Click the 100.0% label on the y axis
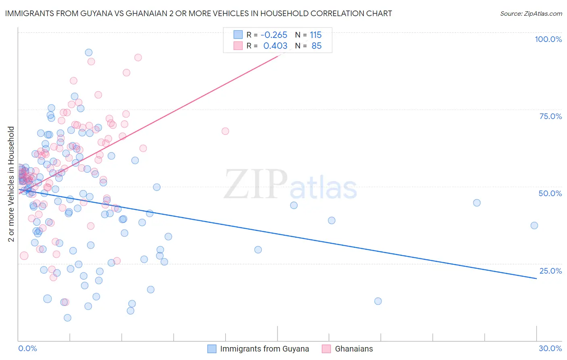point(548,39)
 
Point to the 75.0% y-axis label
point(550,116)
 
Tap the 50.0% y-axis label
point(550,193)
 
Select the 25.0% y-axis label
point(550,270)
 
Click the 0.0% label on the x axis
point(27,348)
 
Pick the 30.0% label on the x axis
point(550,348)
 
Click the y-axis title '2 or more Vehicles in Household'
point(11,184)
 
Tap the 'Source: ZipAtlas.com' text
point(531,14)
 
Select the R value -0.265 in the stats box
point(274,35)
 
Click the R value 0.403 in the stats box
point(275,46)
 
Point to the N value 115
point(316,35)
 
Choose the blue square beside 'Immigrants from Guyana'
point(212,349)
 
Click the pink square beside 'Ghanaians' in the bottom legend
point(327,349)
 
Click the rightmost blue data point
point(534,226)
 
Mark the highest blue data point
point(89,52)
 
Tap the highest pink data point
point(138,57)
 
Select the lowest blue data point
point(67,318)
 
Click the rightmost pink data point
point(225,131)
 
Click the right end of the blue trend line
point(536,278)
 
